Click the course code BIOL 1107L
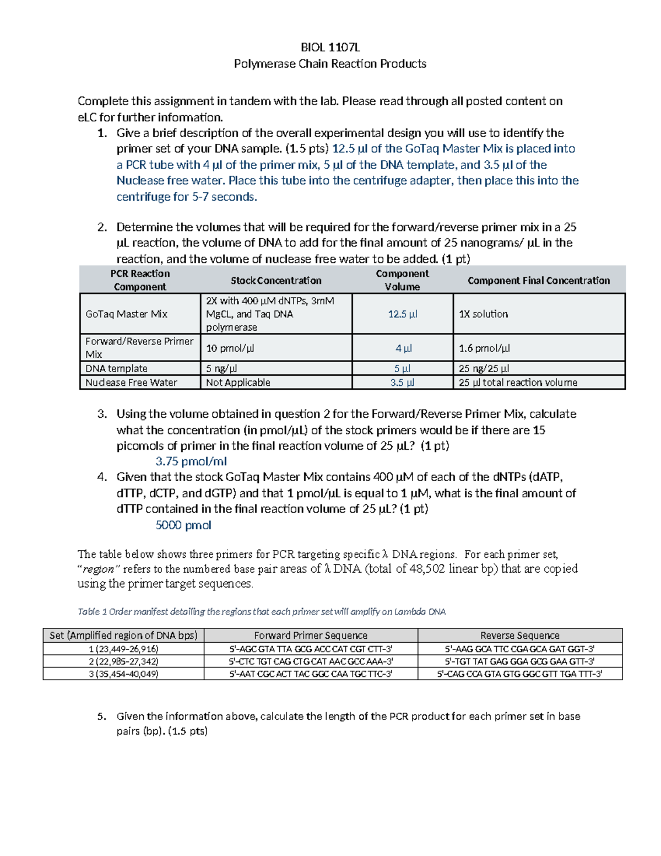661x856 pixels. [330, 47]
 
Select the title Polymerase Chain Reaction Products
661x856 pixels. [330, 64]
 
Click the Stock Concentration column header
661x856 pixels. [275, 281]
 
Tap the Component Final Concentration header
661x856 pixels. [538, 281]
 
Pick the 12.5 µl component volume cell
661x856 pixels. [403, 314]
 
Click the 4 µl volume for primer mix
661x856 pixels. [403, 348]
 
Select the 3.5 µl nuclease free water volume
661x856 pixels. [403, 383]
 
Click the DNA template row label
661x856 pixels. [116, 368]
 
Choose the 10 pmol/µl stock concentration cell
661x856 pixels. [230, 348]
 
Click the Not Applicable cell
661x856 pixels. [238, 383]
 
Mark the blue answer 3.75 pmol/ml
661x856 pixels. [191, 461]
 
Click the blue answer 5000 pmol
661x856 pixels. [183, 525]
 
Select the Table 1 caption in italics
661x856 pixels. [262, 612]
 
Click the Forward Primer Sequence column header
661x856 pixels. [311, 636]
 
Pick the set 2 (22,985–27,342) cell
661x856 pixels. [123, 661]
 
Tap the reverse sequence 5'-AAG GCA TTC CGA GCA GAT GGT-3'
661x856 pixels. [519, 649]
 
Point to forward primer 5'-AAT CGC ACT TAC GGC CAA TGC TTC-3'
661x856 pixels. [311, 674]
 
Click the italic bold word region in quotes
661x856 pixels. [99, 569]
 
